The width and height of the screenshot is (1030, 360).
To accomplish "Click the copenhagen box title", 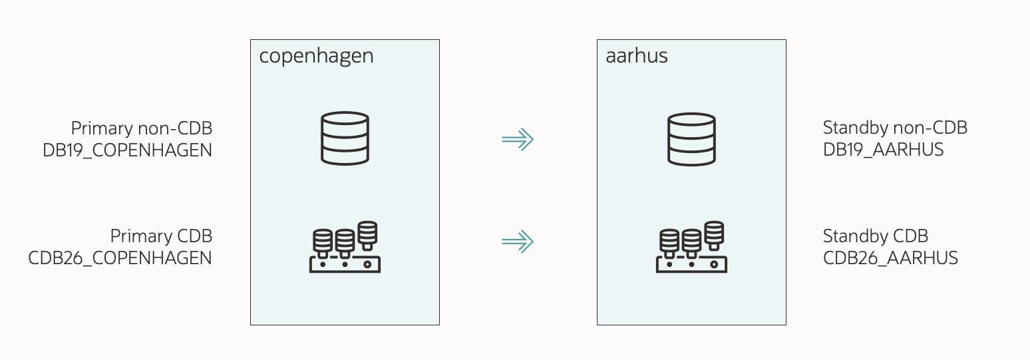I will [316, 56].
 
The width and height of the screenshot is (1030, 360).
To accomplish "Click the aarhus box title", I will [636, 56].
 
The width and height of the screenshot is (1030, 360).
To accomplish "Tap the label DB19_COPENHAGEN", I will [127, 150].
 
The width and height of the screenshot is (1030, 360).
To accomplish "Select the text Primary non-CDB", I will [141, 128].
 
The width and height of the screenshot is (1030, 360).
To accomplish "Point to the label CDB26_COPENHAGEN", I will [120, 258].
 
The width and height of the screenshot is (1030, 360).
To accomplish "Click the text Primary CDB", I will [161, 236].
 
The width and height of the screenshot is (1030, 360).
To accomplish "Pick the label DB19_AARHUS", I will [883, 150].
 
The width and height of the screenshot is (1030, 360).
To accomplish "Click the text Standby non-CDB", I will [895, 128].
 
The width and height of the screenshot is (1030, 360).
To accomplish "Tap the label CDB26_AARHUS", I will [890, 258].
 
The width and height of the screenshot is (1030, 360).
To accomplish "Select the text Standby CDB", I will [875, 236].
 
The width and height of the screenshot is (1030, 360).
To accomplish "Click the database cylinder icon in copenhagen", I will [345, 138].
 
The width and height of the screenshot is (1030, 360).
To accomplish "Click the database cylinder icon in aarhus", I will [691, 138].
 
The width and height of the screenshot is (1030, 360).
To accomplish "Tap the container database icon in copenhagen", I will [345, 247].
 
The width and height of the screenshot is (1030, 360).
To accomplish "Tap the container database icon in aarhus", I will [691, 247].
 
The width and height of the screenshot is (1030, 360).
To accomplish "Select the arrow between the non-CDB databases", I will [518, 139].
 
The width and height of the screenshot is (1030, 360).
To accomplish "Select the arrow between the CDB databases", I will [518, 242].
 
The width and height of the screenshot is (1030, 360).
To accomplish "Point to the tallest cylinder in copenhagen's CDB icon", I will [367, 234].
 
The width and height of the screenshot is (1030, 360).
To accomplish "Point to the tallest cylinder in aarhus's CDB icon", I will [714, 234].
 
